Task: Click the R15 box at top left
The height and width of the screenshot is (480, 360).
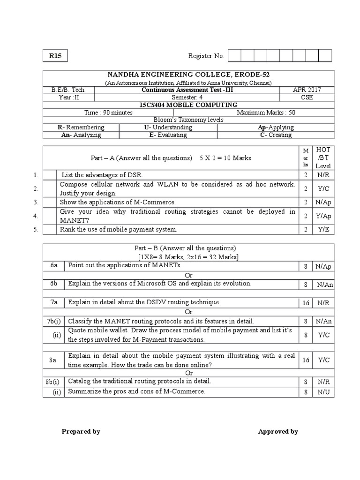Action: coord(55,56)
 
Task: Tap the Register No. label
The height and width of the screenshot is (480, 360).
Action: coord(206,56)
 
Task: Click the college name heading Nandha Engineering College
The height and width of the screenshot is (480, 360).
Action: coord(188,75)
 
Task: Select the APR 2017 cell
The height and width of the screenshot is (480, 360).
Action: coord(307,90)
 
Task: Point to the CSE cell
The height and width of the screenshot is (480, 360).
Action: coord(307,97)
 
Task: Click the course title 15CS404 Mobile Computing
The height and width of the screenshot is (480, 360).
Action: coord(188,105)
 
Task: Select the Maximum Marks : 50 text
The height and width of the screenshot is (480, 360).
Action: coord(266,112)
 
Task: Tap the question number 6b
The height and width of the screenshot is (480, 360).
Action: coord(54,284)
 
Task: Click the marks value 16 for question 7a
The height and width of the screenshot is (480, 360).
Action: coord(306,303)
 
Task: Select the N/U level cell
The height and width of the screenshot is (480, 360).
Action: coord(323,392)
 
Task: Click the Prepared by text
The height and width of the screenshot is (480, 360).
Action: coord(81,432)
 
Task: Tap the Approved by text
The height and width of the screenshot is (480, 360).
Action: coord(278,432)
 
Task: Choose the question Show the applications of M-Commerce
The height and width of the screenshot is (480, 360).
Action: coord(117,202)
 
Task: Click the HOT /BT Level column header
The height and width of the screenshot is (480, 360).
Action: coord(323,158)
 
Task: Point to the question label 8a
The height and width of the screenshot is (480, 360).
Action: coord(54,360)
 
